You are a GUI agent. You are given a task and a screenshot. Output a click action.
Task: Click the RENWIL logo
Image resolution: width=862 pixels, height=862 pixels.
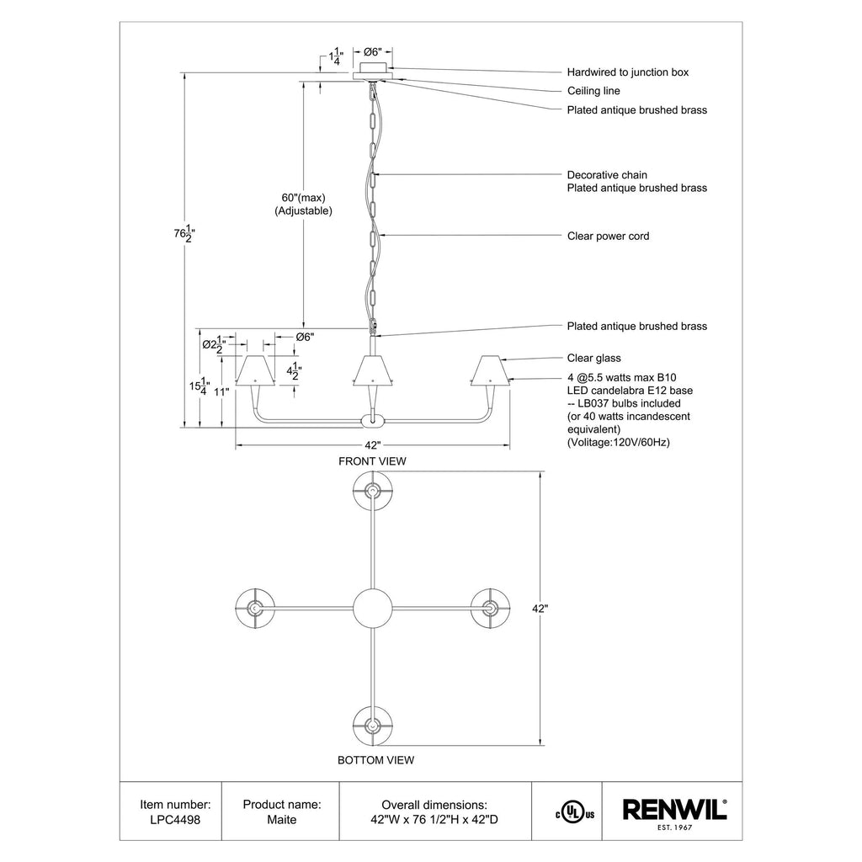pos(674,814)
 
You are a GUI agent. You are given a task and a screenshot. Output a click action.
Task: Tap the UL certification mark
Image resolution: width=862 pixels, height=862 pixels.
pos(575,814)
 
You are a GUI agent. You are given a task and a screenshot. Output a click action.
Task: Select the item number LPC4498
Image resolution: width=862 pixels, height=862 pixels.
pos(175,820)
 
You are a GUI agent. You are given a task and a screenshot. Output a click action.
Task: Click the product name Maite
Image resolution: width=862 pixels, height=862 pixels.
pos(281,820)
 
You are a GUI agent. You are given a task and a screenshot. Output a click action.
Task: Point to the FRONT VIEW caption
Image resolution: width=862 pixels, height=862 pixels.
pos(372,461)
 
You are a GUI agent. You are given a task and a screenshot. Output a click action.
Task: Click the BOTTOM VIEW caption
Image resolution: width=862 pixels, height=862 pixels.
pos(375,760)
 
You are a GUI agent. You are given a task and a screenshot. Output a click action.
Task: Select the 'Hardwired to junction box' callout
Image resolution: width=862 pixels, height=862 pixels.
pos(628,72)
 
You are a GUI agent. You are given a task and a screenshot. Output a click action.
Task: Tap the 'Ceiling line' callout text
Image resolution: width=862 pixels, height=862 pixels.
pos(593,91)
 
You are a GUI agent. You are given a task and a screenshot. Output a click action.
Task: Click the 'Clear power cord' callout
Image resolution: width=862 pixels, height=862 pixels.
pos(608,236)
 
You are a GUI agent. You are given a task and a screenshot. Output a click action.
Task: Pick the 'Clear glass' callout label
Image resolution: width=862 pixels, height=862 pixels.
pos(593,358)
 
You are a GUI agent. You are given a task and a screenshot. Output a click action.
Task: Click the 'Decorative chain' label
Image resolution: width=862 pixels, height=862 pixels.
pos(607,175)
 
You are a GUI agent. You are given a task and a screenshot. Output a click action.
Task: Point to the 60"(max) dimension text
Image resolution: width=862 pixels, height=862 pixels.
pos(303,198)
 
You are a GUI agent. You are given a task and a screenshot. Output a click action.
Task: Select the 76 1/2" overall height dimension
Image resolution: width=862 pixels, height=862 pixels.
pos(184,234)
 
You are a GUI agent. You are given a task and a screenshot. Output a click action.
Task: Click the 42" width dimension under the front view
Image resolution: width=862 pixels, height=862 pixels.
pos(373,445)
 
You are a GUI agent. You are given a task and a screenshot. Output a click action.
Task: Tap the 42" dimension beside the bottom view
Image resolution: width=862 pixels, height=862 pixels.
pos(540,609)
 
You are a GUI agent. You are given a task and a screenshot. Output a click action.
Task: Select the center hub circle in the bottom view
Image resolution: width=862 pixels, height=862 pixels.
pos(372,609)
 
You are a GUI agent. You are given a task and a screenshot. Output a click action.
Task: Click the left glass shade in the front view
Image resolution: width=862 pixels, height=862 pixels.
pos(255,370)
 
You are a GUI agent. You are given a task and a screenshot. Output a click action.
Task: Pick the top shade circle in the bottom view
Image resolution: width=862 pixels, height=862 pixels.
pos(372,491)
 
